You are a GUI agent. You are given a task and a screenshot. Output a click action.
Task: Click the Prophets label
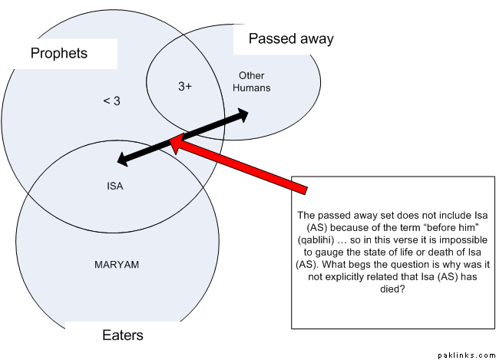click(x=59, y=53)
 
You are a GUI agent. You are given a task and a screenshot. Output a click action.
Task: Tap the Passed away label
click(x=291, y=38)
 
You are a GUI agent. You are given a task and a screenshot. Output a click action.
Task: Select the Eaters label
click(x=123, y=335)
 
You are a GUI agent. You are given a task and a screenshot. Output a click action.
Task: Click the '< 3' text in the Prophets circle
click(x=111, y=101)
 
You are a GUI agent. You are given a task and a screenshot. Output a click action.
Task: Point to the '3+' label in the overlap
click(x=185, y=87)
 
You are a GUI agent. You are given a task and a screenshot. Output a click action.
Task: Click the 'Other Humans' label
click(x=252, y=81)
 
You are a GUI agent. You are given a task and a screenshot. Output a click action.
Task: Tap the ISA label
click(x=115, y=185)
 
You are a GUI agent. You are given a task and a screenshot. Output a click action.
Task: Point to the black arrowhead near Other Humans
click(x=244, y=114)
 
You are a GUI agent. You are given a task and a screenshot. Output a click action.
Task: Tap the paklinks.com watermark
click(x=466, y=355)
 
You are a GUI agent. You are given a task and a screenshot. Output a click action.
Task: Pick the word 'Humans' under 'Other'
click(x=252, y=88)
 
